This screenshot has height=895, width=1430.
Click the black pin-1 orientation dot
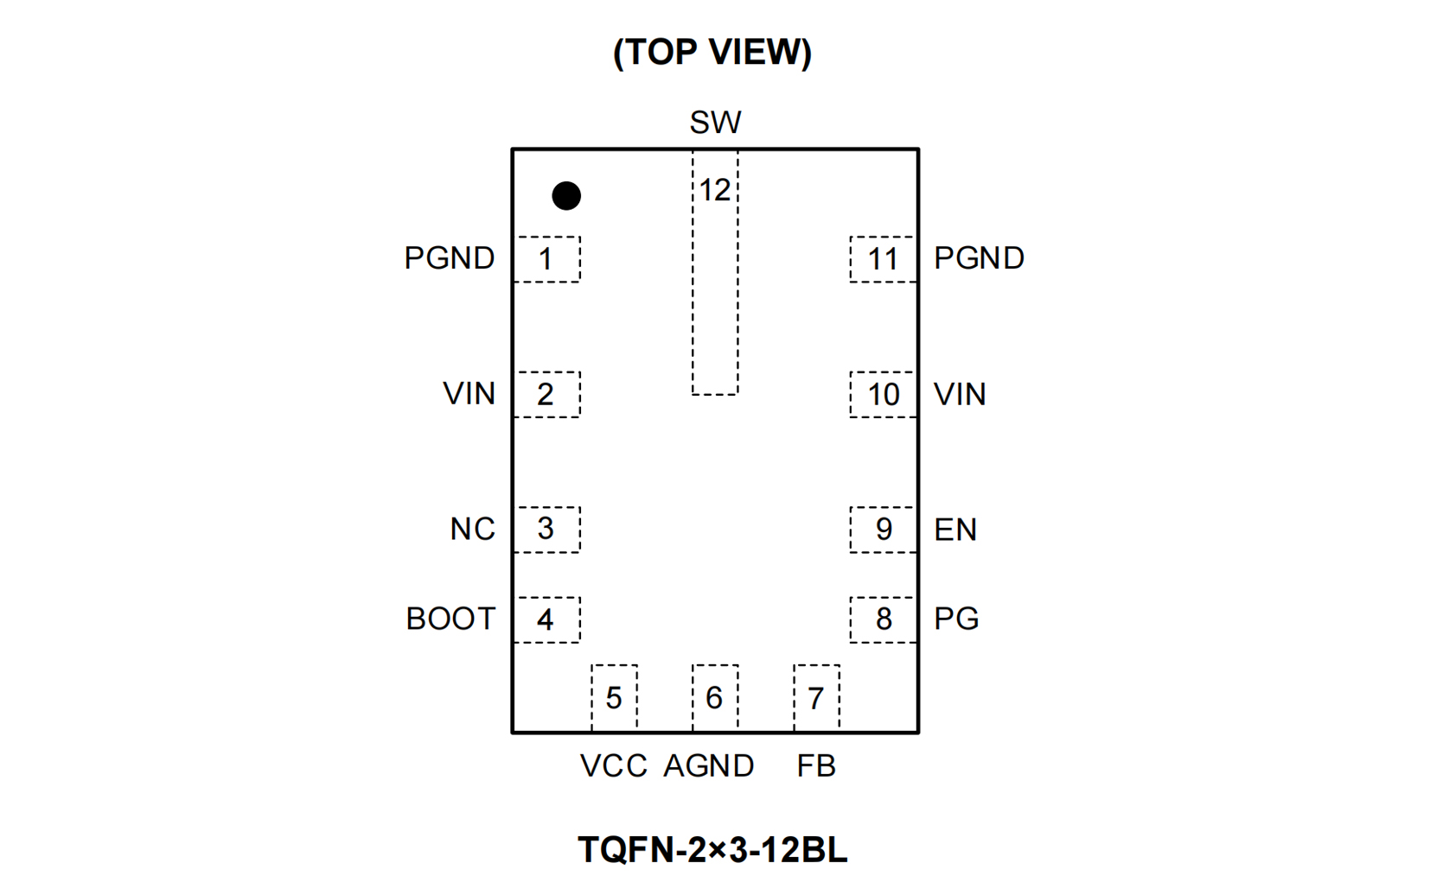pyautogui.click(x=566, y=196)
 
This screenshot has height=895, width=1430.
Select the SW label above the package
pyautogui.click(x=715, y=123)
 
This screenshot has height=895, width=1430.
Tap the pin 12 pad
pyautogui.click(x=715, y=272)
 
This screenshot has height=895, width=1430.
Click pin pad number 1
pyautogui.click(x=547, y=259)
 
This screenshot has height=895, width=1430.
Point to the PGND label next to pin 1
pyautogui.click(x=450, y=258)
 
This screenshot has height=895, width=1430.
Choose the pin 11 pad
pyautogui.click(x=883, y=259)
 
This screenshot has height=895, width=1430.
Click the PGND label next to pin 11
pyautogui.click(x=980, y=258)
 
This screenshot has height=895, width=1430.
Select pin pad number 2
pyautogui.click(x=547, y=395)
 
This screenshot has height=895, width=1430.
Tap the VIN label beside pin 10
pyautogui.click(x=960, y=395)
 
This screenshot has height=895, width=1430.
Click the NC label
pyautogui.click(x=472, y=530)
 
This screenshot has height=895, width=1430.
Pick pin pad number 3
pyautogui.click(x=547, y=530)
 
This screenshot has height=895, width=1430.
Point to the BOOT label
pyautogui.click(x=450, y=619)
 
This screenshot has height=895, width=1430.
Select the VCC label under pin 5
pyautogui.click(x=613, y=766)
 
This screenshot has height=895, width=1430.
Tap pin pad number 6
pyautogui.click(x=715, y=698)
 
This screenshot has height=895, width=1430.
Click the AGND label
pyautogui.click(x=709, y=766)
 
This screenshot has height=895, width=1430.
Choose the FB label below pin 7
pyautogui.click(x=816, y=766)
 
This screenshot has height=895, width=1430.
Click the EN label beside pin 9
pyautogui.click(x=955, y=530)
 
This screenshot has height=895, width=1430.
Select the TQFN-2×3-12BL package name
pyautogui.click(x=712, y=850)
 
